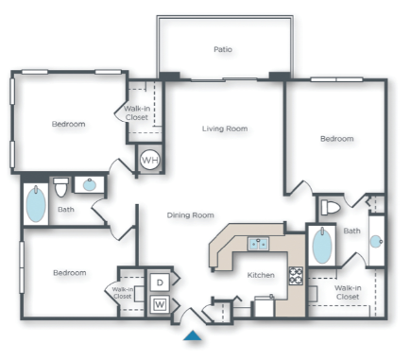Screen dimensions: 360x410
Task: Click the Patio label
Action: click(223, 49)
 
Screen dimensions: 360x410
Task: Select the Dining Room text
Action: click(191, 215)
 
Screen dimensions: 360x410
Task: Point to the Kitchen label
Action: click(261, 275)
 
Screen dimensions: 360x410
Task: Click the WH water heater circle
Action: click(149, 160)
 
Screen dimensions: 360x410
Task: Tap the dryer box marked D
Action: click(160, 282)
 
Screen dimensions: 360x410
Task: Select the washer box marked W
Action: click(160, 304)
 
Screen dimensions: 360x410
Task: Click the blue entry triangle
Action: click(193, 334)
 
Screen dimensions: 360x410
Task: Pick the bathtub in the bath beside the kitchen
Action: click(321, 246)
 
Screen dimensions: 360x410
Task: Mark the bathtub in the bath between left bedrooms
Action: click(36, 204)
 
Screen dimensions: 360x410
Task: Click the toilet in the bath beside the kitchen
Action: click(332, 207)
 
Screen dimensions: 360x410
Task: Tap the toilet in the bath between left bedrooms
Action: click(61, 185)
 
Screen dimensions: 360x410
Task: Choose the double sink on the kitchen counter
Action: click(258, 244)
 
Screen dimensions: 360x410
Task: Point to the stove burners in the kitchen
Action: click(296, 276)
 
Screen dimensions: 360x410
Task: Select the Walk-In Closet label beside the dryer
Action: click(123, 293)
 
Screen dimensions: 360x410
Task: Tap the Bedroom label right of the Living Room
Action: click(336, 139)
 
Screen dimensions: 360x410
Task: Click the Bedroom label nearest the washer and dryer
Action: click(69, 273)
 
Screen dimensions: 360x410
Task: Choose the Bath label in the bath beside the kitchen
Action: click(351, 231)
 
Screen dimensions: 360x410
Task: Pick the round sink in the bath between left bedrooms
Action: click(90, 185)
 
